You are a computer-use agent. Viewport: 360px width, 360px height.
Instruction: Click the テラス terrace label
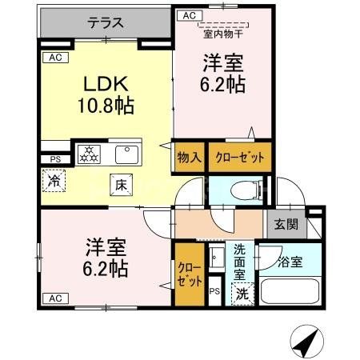pos(106,22)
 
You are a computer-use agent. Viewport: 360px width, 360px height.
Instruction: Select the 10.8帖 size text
pos(106,105)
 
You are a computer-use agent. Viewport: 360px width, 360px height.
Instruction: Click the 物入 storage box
pos(189,156)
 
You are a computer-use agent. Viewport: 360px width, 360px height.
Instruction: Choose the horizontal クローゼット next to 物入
pos(239,156)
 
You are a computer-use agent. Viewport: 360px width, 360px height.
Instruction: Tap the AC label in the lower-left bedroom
pos(54,298)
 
